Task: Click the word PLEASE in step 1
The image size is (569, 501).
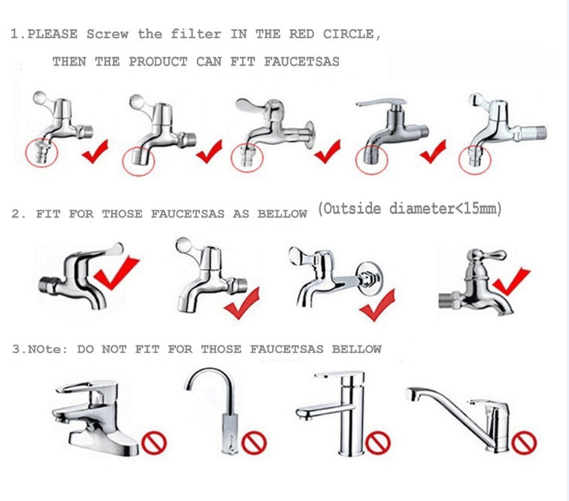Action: (53, 35)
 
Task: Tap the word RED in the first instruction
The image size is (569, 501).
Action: (302, 35)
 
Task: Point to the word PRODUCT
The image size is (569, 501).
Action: (158, 62)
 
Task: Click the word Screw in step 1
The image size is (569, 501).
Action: (107, 35)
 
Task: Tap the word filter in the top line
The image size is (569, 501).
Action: (196, 35)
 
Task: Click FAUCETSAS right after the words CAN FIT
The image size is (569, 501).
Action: (302, 62)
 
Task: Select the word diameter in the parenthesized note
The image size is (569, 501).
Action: (422, 209)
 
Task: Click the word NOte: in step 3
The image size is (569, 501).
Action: (48, 349)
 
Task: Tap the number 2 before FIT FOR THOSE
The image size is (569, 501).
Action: (16, 214)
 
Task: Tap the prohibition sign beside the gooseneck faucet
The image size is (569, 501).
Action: (254, 442)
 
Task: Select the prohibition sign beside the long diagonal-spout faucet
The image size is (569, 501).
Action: (524, 442)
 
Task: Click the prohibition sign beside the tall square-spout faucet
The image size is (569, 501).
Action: (378, 442)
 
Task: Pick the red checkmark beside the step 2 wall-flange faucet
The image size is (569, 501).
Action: (377, 305)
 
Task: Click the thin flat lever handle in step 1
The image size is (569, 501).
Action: (381, 103)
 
